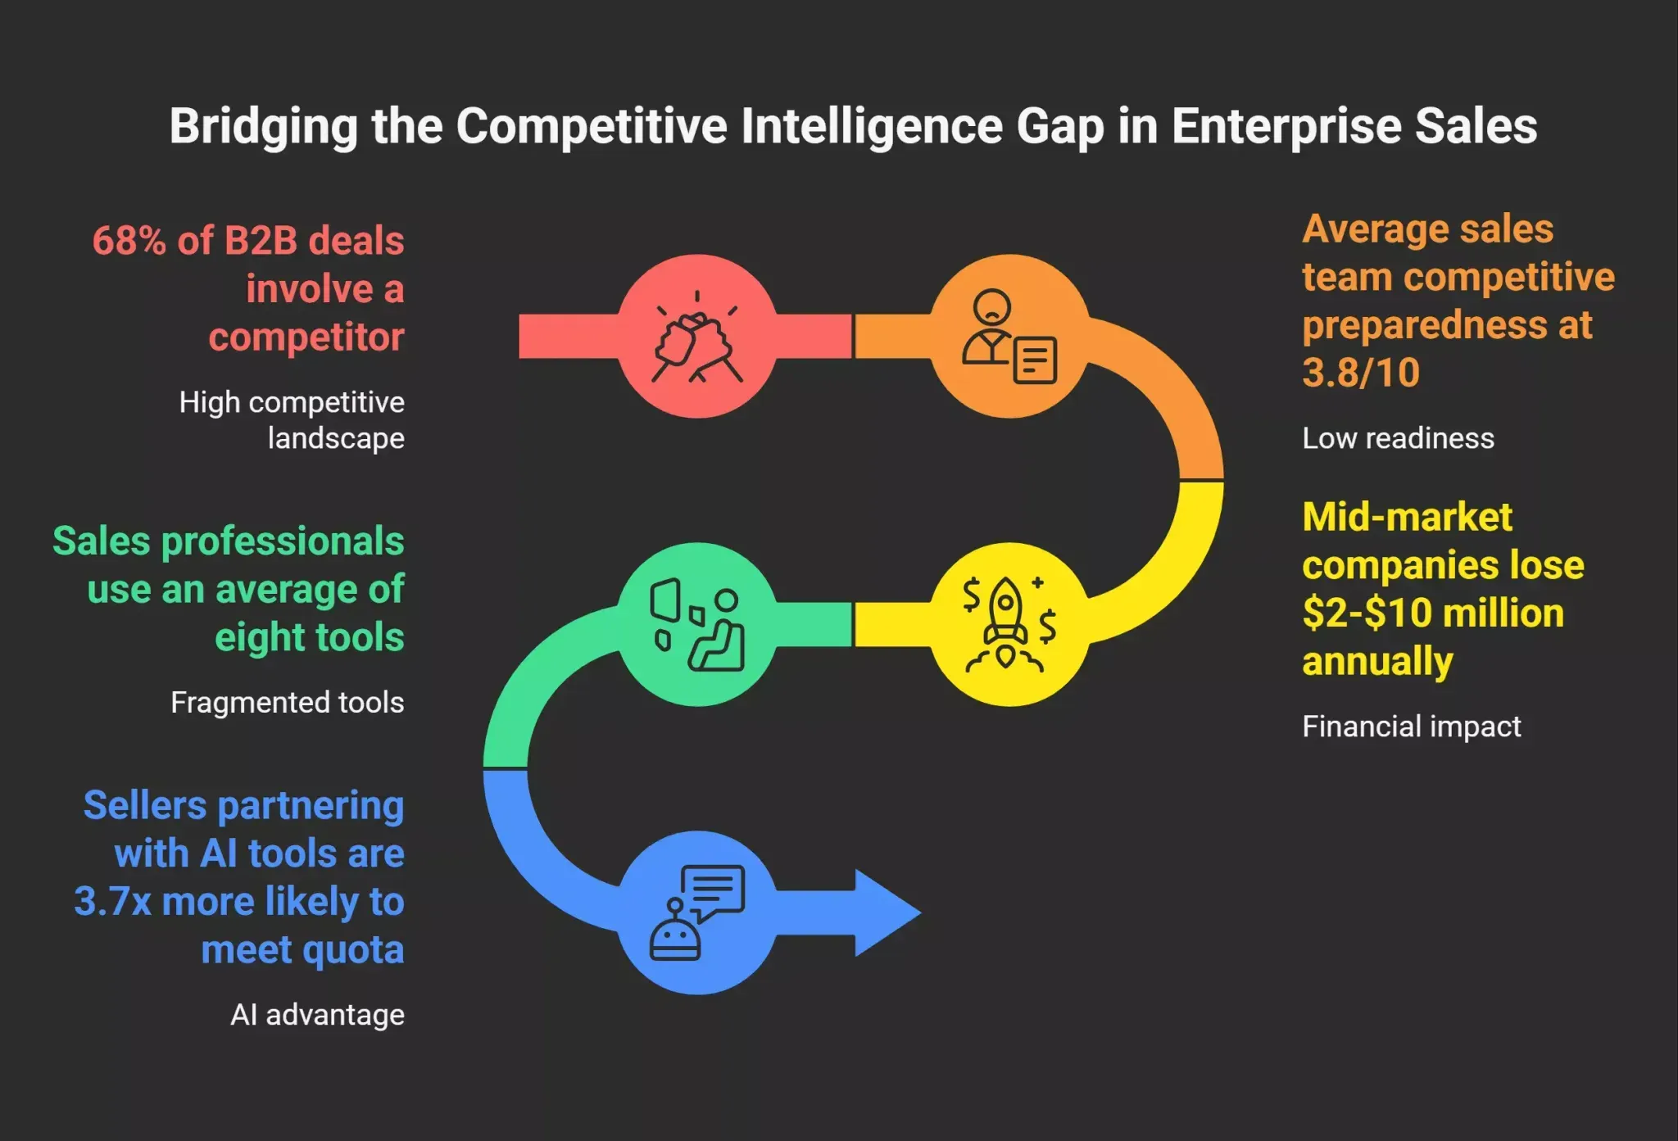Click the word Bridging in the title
264,127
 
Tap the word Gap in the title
1060,127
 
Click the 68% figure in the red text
129,241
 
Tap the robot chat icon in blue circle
696,912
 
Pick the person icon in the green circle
716,631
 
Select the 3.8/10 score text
1361,374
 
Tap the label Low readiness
1398,438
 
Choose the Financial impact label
1412,727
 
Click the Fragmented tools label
288,703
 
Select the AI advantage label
318,1015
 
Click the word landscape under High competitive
336,439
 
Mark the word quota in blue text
353,951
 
